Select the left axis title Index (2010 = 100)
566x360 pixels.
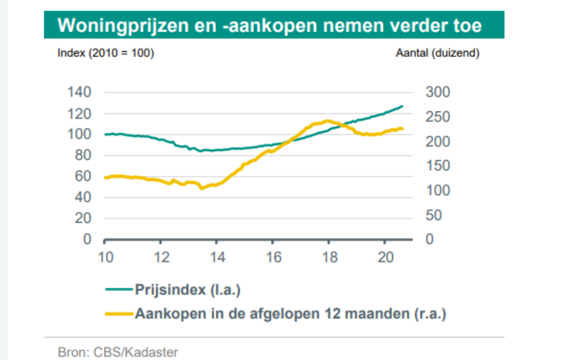click(x=106, y=54)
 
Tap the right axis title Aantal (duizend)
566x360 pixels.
click(x=437, y=54)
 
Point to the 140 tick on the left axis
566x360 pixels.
click(x=80, y=92)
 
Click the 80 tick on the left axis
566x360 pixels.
click(x=83, y=155)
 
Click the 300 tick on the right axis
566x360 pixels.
click(x=437, y=92)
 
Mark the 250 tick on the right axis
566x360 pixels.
click(x=437, y=117)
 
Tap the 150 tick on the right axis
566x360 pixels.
click(x=437, y=166)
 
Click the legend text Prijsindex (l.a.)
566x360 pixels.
click(x=188, y=291)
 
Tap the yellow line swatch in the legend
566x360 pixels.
click(x=119, y=313)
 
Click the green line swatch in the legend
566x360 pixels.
click(x=119, y=291)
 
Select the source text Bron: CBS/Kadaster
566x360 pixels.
click(x=118, y=352)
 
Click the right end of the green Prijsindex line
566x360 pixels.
click(x=402, y=106)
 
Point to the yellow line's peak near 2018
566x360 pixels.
click(x=328, y=120)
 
